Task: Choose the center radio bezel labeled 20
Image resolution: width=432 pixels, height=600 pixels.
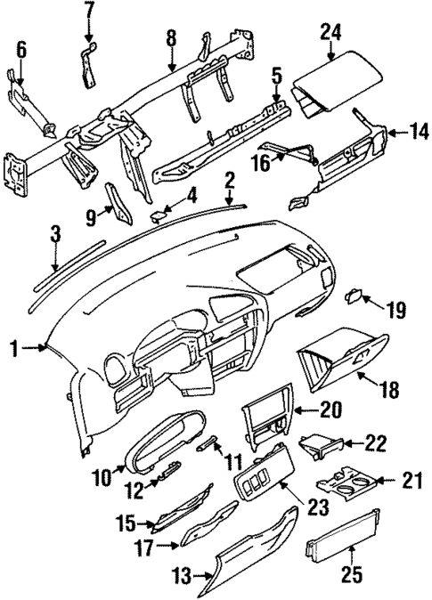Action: click(x=265, y=417)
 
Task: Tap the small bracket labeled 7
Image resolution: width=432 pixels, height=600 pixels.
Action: click(x=90, y=64)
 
